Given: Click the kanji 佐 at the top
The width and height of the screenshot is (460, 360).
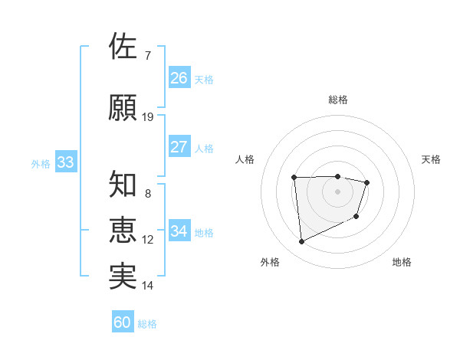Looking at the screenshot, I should tap(123, 47).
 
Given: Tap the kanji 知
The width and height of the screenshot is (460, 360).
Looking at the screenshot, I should tap(123, 184).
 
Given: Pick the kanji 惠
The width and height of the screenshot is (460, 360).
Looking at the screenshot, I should tap(123, 230).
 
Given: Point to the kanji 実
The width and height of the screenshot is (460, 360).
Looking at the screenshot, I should tap(123, 276).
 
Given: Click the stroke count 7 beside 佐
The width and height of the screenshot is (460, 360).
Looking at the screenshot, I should tap(147, 56).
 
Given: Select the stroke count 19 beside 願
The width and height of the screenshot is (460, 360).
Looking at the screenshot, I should tap(148, 117).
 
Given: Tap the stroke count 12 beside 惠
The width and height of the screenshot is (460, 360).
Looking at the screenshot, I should tap(148, 240).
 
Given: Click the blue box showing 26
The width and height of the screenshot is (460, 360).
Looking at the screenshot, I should tap(179, 78).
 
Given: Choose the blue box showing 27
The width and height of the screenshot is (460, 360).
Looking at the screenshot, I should tap(179, 147).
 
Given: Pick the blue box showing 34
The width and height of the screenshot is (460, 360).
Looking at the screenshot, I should tap(179, 231).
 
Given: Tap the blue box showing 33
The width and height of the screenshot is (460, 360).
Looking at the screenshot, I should tap(65, 162).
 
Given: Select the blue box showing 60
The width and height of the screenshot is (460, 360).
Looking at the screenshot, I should tap(123, 322).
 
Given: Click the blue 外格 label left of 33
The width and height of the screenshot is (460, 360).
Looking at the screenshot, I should tap(41, 163).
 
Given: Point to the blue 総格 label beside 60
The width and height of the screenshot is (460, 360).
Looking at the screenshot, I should tap(147, 324).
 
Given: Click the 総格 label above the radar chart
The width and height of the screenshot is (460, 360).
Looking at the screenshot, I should tap(337, 100).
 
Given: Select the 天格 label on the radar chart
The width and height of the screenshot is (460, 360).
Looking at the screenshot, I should tap(432, 159).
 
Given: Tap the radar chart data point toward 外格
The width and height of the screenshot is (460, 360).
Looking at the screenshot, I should tap(301, 242).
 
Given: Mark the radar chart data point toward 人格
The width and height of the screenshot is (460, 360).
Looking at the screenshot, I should tap(294, 178).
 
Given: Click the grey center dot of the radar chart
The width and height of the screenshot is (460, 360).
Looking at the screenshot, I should tap(337, 191).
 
